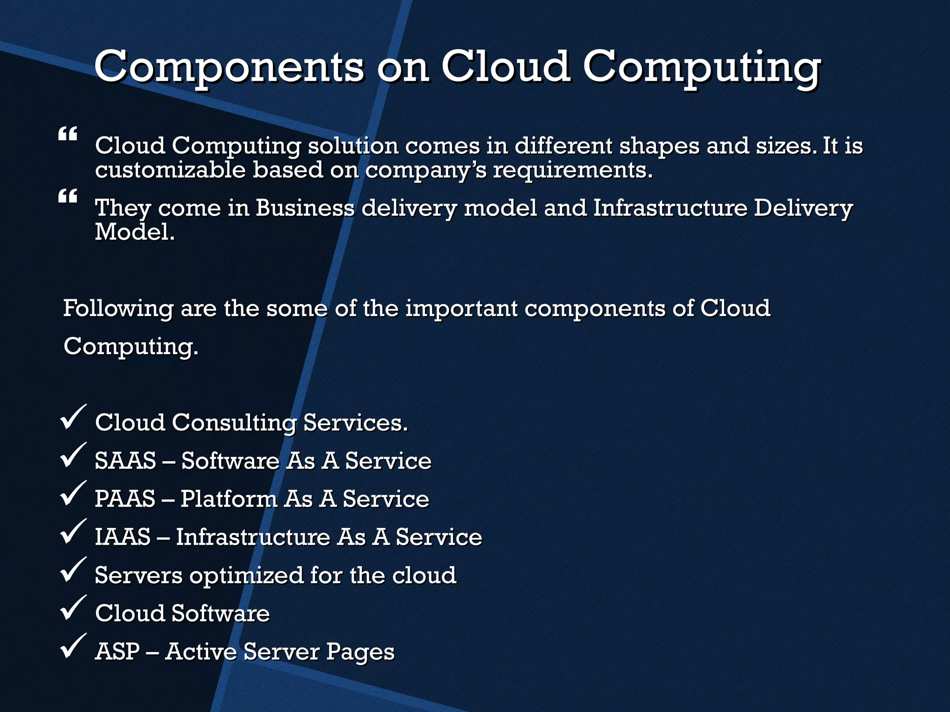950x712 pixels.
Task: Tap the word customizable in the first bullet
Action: point(170,170)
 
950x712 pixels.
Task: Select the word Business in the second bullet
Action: point(305,208)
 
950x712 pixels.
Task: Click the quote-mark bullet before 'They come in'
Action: point(68,197)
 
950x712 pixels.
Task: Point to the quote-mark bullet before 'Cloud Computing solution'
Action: point(68,135)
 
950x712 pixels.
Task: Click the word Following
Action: point(118,309)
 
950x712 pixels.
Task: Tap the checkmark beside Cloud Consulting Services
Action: point(73,417)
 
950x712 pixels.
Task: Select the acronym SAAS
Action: point(125,461)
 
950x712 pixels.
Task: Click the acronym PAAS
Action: point(125,499)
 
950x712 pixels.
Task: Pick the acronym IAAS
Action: point(122,537)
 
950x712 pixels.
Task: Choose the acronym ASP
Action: point(117,651)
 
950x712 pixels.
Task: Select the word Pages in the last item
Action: point(360,652)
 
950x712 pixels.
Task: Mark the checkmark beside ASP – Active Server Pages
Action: point(73,646)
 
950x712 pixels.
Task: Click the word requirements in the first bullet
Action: point(572,170)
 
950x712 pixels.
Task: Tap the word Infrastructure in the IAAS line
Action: point(253,537)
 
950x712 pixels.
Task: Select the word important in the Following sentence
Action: point(461,309)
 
